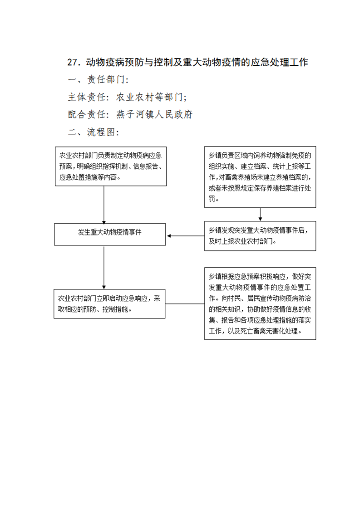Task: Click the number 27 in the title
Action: click(x=73, y=62)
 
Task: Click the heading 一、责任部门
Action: click(x=99, y=79)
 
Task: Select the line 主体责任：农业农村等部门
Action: click(x=128, y=97)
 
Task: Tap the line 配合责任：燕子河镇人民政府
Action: click(x=130, y=114)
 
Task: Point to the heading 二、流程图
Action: click(x=94, y=132)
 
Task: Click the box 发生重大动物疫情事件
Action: click(x=110, y=235)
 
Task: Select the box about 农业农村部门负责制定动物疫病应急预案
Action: click(x=111, y=166)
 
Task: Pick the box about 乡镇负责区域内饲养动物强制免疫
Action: click(x=260, y=177)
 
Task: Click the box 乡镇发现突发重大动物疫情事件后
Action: click(x=260, y=236)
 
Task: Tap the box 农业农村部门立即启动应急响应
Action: click(x=109, y=304)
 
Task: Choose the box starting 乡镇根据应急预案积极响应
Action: click(x=260, y=303)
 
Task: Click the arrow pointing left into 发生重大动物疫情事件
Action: click(x=186, y=235)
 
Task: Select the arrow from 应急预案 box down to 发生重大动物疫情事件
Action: click(x=104, y=205)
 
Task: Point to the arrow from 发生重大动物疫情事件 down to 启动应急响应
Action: click(x=104, y=268)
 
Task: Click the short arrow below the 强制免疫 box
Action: click(x=260, y=215)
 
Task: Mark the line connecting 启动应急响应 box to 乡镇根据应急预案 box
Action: click(x=185, y=304)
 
